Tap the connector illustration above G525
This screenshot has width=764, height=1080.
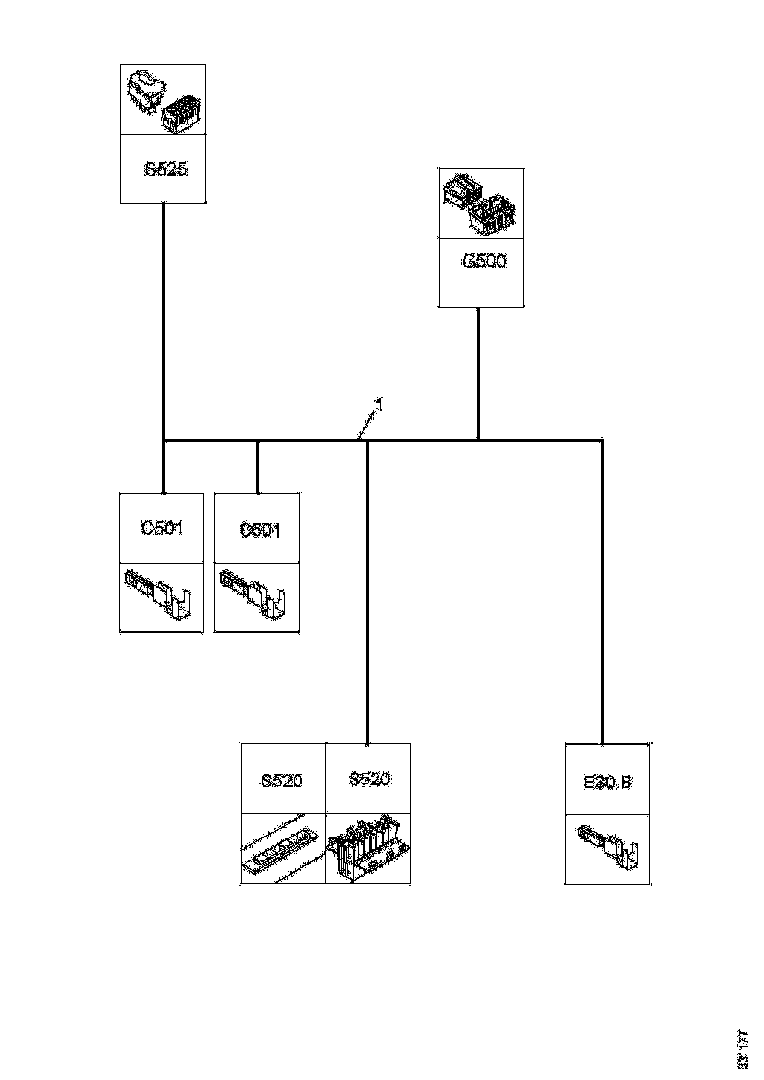(x=163, y=100)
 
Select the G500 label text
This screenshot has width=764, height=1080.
(x=481, y=262)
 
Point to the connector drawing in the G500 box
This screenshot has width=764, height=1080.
(x=481, y=203)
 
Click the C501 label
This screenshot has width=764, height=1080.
(x=162, y=528)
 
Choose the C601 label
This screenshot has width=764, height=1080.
(x=259, y=530)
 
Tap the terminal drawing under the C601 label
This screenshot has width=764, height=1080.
(x=255, y=597)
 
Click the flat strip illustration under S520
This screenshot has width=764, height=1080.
(x=283, y=848)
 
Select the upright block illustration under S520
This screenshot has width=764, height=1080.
(x=368, y=848)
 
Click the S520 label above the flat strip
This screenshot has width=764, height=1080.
(x=282, y=782)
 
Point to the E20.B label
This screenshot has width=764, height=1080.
(x=608, y=783)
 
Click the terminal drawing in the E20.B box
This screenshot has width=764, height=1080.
(x=608, y=846)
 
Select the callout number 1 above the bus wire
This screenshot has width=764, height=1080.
(x=379, y=403)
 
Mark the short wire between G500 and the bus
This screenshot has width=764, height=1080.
(x=478, y=373)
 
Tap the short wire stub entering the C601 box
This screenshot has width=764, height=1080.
(x=257, y=466)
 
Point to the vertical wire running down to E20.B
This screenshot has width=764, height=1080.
(x=601, y=589)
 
